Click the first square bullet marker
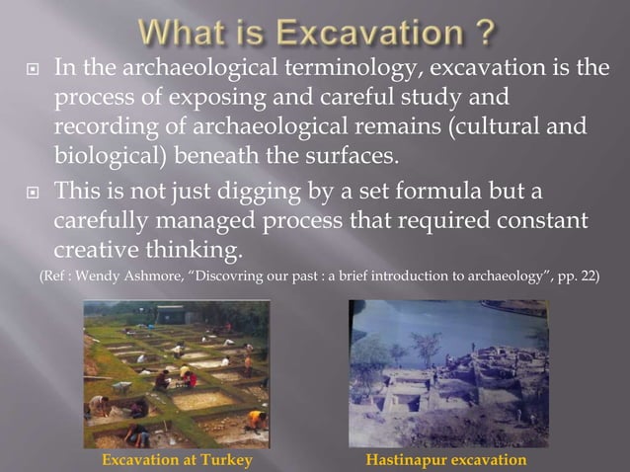(30, 70)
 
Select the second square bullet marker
(30, 190)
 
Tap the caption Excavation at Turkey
(179, 460)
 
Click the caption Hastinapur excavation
(446, 460)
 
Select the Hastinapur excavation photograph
(447, 373)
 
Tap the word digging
(243, 189)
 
